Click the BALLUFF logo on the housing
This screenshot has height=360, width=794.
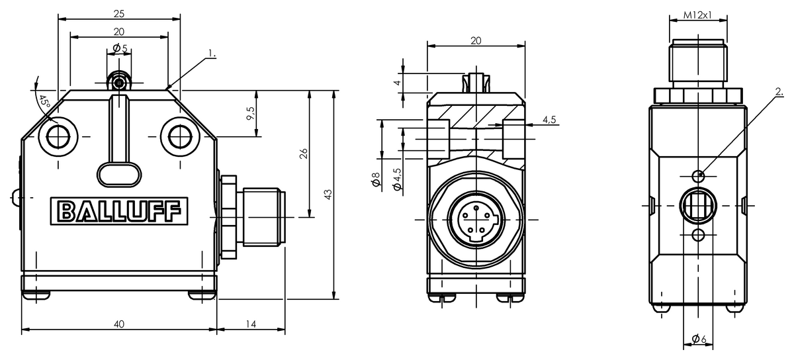point(119,211)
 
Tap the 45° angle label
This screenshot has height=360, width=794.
point(44,102)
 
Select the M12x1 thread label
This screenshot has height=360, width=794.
point(697,15)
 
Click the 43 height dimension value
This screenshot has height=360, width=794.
point(328,195)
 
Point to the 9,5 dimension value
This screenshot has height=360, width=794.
point(251,114)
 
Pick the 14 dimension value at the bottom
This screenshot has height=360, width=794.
point(251,324)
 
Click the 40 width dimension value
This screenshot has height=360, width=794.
point(119,324)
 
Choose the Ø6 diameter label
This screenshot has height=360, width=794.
point(699,339)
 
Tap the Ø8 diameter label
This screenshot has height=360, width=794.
point(376,179)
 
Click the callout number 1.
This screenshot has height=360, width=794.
point(212,54)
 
